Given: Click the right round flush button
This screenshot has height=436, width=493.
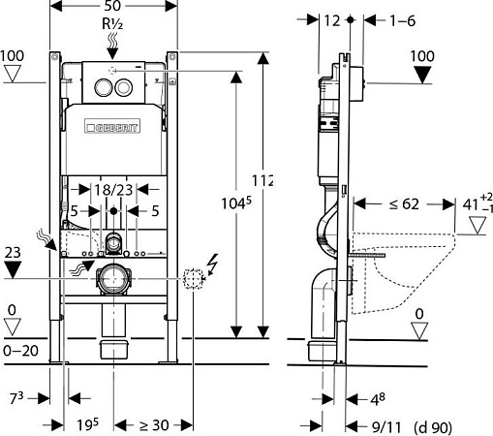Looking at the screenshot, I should (x=123, y=85).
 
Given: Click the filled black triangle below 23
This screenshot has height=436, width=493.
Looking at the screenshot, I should (x=13, y=271).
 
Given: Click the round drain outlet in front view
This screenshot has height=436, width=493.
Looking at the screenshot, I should (x=114, y=279).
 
